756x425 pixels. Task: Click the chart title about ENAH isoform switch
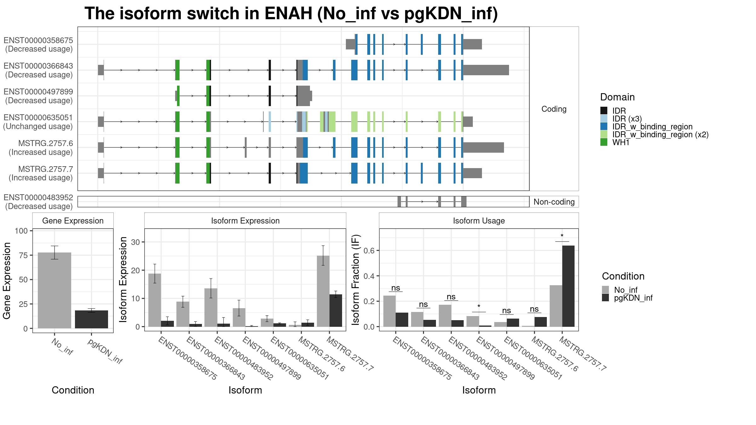(x=291, y=14)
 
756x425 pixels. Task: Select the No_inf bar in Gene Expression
(x=54, y=290)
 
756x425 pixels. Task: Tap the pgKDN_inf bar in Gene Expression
(x=91, y=319)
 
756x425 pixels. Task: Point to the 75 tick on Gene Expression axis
(x=24, y=255)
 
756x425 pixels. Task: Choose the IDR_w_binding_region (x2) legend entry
(x=654, y=134)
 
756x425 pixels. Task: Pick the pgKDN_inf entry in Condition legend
(x=627, y=298)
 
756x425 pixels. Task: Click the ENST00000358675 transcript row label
(x=38, y=45)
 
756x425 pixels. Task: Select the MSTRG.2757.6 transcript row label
(x=41, y=148)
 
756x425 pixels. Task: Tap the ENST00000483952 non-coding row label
(x=38, y=202)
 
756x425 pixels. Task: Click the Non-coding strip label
(x=554, y=202)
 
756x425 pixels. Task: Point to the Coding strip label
(x=554, y=109)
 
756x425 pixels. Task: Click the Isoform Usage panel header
(x=479, y=221)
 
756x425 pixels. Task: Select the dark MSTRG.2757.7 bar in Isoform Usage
(x=568, y=286)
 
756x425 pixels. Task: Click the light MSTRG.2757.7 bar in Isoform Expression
(x=323, y=291)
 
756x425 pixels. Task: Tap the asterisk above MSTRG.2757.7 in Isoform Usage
(x=562, y=236)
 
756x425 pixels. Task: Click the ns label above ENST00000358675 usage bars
(x=396, y=288)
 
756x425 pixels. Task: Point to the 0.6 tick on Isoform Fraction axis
(x=369, y=251)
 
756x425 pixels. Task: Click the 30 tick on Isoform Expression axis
(x=136, y=242)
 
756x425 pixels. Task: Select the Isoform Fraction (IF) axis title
(x=355, y=280)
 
